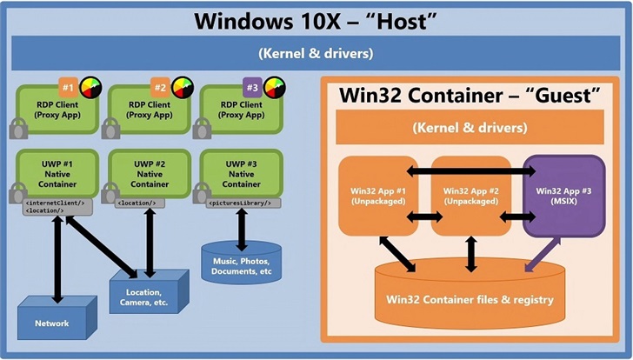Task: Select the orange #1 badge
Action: point(68,88)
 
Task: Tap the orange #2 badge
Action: point(159,88)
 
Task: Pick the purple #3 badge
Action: point(250,88)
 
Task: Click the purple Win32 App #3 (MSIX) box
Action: point(564,196)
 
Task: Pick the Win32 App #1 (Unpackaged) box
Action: point(380,196)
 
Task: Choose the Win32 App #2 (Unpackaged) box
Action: point(470,196)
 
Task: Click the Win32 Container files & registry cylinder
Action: point(470,299)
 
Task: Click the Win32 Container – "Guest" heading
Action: point(470,95)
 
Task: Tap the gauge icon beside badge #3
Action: point(274,88)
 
